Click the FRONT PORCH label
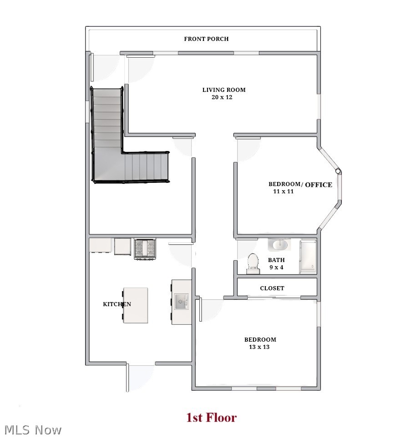point(206,39)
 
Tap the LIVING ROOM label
point(223,90)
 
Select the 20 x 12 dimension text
point(222,97)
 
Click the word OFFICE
point(318,185)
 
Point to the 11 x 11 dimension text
point(283,192)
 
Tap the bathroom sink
point(278,245)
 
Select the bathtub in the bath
point(308,257)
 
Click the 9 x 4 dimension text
point(276,267)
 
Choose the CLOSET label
point(272,288)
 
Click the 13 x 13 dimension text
point(259,347)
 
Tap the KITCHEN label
point(117,304)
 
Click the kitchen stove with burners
point(145,249)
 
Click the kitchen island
point(136,305)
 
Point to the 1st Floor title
point(211,418)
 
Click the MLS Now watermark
point(33,429)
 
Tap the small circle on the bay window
point(338,172)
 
